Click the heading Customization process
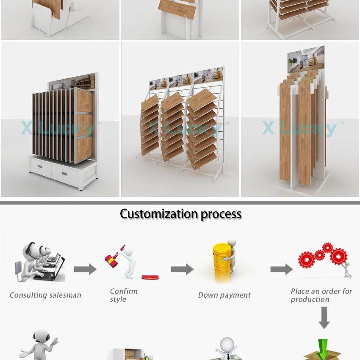[180, 214]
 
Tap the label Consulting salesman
[45, 295]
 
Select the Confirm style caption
[123, 295]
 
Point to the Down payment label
[224, 295]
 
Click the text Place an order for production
[321, 295]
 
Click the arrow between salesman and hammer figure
[85, 269]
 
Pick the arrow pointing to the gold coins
[182, 269]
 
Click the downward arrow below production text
[324, 318]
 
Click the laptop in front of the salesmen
[50, 271]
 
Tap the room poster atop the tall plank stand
[305, 59]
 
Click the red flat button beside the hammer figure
[150, 278]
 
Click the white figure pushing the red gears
[347, 269]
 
